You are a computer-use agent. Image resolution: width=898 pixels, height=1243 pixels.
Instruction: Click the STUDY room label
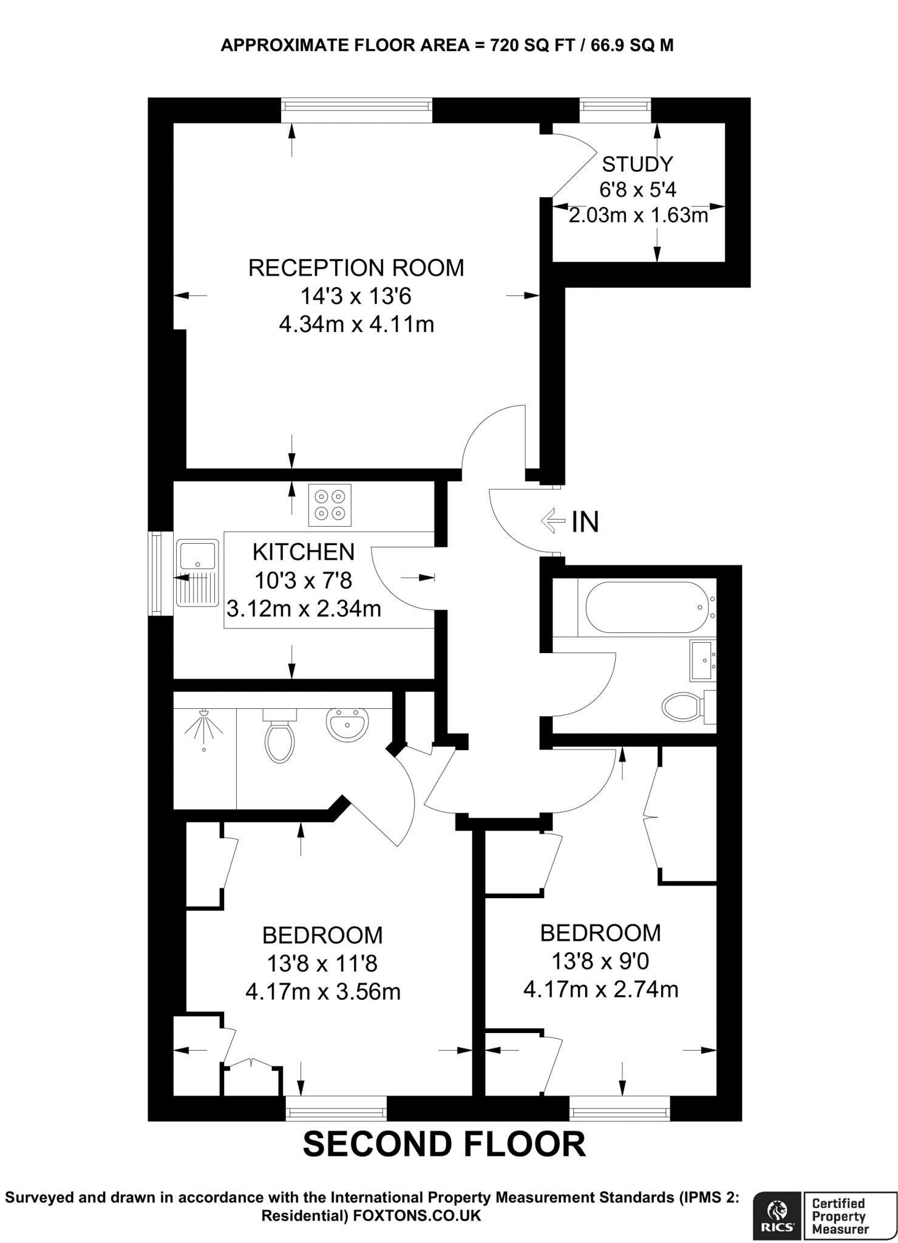tap(637, 164)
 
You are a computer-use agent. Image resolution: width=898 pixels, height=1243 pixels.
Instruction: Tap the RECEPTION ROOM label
tap(356, 268)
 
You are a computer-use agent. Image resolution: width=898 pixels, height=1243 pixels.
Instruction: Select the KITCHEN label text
tap(304, 552)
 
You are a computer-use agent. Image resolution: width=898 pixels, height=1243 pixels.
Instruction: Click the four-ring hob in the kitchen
tap(330, 504)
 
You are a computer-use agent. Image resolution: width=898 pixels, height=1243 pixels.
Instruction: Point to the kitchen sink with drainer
tap(197, 572)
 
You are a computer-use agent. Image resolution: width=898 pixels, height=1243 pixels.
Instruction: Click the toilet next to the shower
tap(279, 734)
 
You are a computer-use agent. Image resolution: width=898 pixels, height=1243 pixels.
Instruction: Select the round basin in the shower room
tap(347, 724)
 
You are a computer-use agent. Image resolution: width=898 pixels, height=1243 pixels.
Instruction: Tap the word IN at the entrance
tap(585, 521)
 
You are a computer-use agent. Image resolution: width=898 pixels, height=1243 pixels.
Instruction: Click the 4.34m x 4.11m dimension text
tap(356, 324)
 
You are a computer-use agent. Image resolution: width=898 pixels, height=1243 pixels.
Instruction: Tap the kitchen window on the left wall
tap(157, 573)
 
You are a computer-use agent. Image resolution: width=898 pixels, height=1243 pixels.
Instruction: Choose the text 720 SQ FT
tap(532, 46)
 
